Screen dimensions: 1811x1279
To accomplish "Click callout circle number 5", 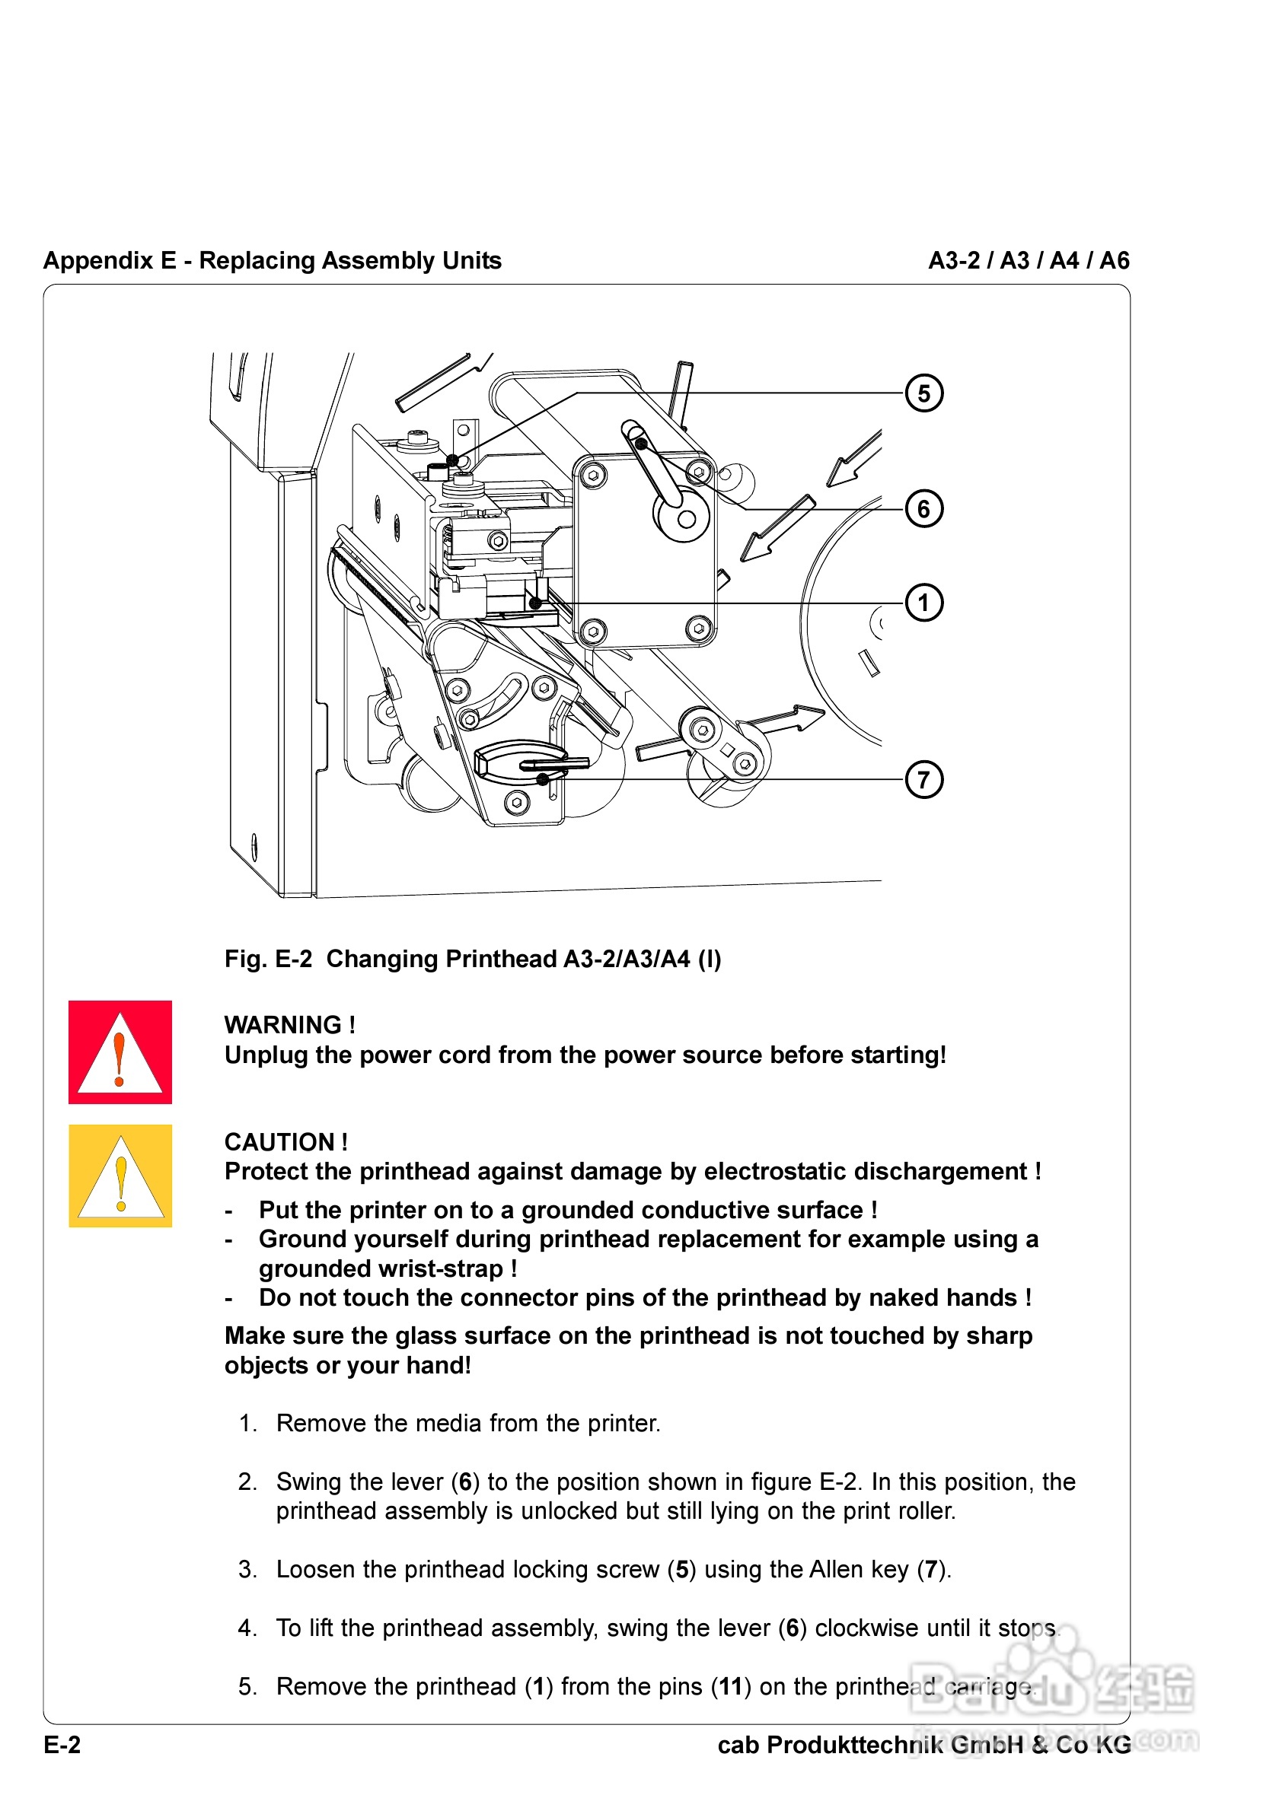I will pyautogui.click(x=923, y=393).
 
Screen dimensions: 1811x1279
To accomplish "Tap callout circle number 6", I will pyautogui.click(x=923, y=509).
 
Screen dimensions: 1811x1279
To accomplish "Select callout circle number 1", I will pyautogui.click(x=923, y=603).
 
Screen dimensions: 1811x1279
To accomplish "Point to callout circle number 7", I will pyautogui.click(x=923, y=779).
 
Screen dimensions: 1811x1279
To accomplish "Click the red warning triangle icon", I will pyautogui.click(x=120, y=1052).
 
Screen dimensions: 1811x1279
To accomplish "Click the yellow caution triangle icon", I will pyautogui.click(x=120, y=1176).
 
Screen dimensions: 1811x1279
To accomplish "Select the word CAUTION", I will pyautogui.click(x=279, y=1142).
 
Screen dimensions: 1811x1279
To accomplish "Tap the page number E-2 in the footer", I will pyautogui.click(x=62, y=1745).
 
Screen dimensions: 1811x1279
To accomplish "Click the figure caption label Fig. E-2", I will pyautogui.click(x=268, y=959).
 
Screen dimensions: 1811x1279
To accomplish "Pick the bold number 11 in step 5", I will pyautogui.click(x=730, y=1686).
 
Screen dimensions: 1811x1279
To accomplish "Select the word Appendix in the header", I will pyautogui.click(x=98, y=260).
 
